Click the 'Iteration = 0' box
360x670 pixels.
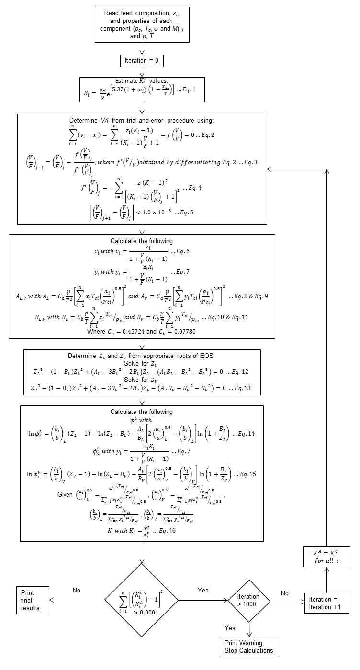[x=142, y=61]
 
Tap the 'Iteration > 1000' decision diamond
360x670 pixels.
[x=248, y=600]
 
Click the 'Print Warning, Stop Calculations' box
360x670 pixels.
[x=249, y=647]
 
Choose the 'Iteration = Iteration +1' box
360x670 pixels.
[x=327, y=603]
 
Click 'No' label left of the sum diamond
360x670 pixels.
[x=77, y=590]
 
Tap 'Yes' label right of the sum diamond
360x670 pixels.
[x=203, y=590]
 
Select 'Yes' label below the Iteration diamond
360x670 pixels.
[x=231, y=627]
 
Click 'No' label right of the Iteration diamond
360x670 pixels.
[x=285, y=593]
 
